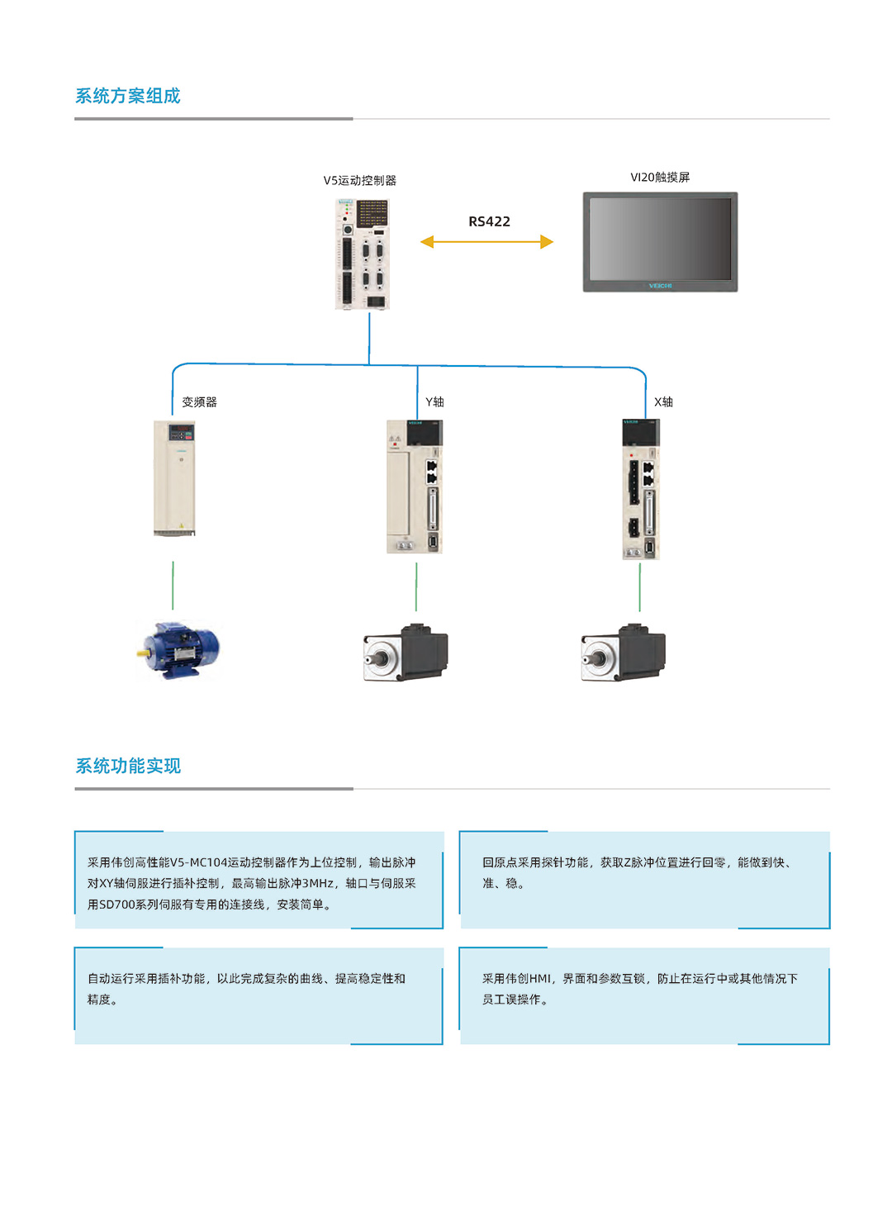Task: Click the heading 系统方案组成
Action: coord(128,96)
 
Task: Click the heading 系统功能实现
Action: coord(128,766)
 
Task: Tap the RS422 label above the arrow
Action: coord(489,221)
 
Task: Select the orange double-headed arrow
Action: coord(486,242)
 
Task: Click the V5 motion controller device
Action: coord(362,254)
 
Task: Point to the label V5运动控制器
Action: coord(359,180)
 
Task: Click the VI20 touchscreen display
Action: coord(660,242)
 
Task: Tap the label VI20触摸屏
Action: coord(660,177)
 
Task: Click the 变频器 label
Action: coord(199,402)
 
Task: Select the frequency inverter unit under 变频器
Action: coord(174,478)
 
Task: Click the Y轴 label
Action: coord(434,402)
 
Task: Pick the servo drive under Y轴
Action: coord(415,487)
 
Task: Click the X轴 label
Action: coord(663,402)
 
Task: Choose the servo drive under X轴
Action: coord(641,489)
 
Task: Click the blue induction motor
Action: coord(178,650)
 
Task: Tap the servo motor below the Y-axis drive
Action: coord(406,653)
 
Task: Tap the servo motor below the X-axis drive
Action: coord(624,653)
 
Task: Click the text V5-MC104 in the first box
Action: coord(198,862)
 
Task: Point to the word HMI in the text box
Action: coord(539,979)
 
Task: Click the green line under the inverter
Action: coord(173,586)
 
